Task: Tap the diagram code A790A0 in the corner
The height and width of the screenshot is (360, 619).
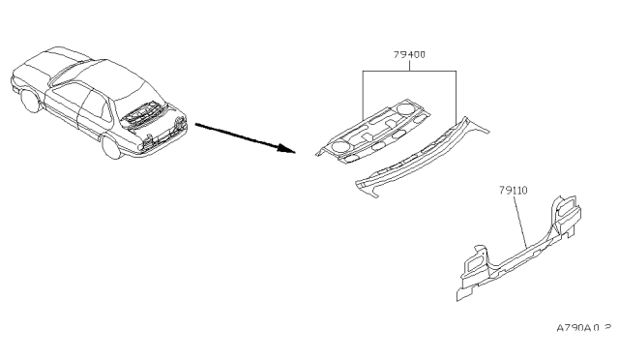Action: point(583,330)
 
